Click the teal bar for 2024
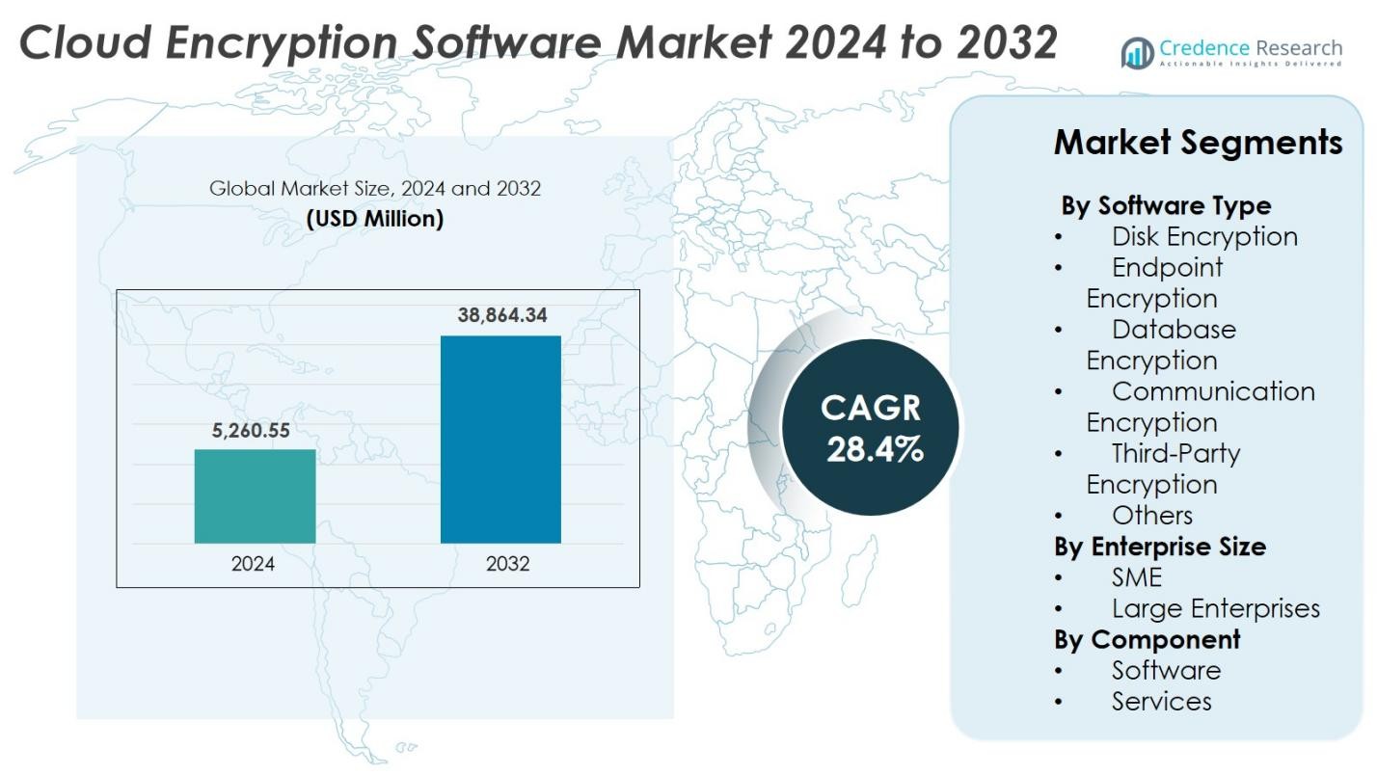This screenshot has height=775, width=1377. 255,495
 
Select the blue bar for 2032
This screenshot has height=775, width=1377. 500,440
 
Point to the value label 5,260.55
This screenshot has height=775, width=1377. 251,431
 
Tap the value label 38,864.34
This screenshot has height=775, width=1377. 501,315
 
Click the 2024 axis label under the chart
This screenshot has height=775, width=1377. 253,564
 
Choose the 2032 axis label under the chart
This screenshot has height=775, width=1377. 507,564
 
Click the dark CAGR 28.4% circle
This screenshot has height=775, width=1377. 871,427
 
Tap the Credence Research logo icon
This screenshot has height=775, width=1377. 1137,53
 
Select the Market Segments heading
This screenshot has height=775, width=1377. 1198,143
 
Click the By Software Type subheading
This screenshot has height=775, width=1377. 1166,205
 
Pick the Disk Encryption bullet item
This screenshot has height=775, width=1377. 1204,236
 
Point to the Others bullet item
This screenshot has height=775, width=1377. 1151,515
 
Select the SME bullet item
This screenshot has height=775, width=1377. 1137,577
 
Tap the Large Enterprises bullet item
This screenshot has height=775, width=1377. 1215,608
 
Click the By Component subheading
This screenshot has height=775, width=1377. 1147,639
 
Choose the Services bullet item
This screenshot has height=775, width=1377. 1161,701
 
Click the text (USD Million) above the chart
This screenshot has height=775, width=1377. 375,219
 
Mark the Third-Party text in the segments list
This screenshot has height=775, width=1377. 1175,453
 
